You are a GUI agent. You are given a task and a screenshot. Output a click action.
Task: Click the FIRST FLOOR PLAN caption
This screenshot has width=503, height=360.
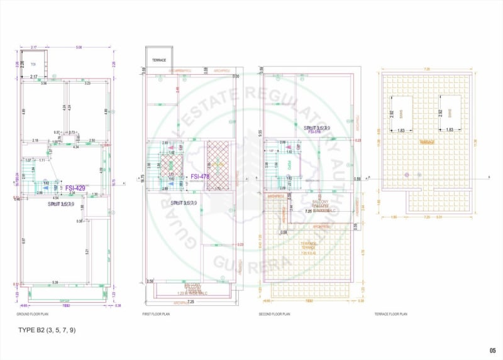point(157,314)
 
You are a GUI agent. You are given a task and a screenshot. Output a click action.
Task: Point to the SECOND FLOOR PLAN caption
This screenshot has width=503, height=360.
point(275,314)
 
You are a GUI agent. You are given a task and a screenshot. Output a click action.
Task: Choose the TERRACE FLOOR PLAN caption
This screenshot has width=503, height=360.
point(391,314)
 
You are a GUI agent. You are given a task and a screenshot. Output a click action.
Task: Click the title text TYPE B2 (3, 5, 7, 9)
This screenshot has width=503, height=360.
point(47,329)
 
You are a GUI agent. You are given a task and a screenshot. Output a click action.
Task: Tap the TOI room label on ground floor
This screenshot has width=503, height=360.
point(33,64)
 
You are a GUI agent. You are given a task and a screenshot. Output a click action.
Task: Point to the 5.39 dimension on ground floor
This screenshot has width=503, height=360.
point(56,282)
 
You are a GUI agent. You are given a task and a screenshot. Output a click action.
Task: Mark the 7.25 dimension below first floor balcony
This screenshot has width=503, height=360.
point(191,302)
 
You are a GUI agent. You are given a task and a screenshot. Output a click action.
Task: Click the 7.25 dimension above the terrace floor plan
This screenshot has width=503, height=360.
point(427,69)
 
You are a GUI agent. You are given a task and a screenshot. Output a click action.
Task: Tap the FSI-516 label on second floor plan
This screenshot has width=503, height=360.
point(314,133)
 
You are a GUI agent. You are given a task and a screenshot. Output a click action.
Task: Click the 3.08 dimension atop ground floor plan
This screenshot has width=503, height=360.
point(79,48)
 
